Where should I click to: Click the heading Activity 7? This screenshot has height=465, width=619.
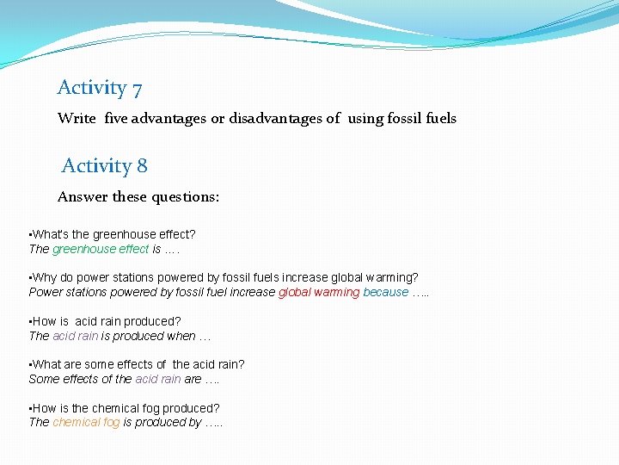coord(100,88)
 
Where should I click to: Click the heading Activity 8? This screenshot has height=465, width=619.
coord(104,166)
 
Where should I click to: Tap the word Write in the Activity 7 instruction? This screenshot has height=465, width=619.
coord(77,119)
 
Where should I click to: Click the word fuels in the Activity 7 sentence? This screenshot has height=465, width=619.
coord(441,119)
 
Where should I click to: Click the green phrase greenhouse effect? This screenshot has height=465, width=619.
coord(101,249)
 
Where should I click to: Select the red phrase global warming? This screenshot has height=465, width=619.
coord(319,292)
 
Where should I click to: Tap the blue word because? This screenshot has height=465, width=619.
coord(385,292)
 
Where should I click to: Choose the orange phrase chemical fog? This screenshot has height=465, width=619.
coord(86,422)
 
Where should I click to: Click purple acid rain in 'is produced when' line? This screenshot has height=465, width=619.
coord(76,336)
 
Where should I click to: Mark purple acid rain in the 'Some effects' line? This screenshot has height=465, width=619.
coord(158,379)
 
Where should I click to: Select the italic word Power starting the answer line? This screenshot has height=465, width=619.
coord(46,292)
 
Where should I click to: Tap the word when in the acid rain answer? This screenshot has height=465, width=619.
coord(187,336)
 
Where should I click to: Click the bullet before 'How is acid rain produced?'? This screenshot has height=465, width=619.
coord(30,321)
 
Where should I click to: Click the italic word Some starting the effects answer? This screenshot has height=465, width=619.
coord(44,379)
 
